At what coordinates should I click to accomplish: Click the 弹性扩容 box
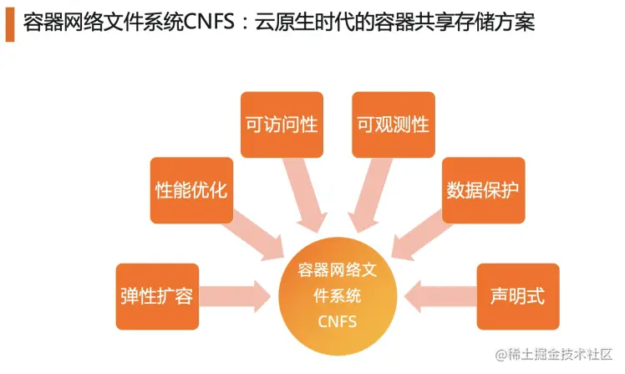coord(157,297)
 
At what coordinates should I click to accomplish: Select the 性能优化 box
coord(191,189)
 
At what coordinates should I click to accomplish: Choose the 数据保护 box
coord(483,189)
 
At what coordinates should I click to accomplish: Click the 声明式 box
coord(517,297)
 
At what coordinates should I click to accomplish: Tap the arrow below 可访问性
coord(304,193)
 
